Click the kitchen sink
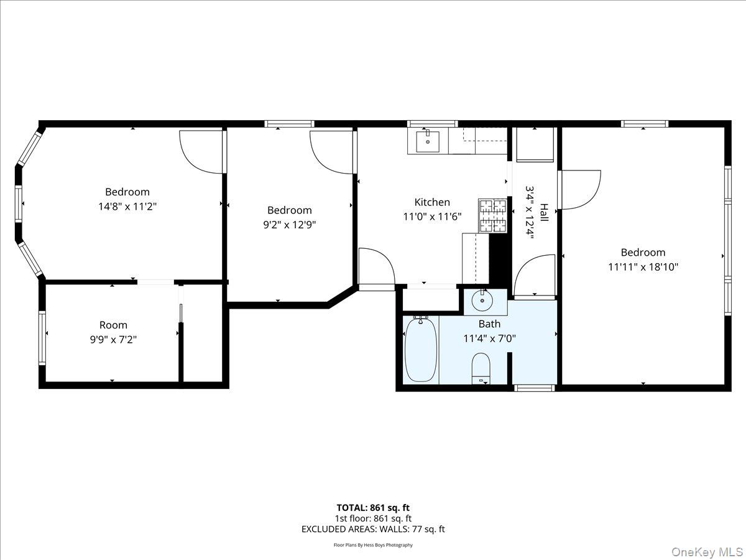point(427,141)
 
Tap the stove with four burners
point(492,215)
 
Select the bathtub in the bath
point(421,349)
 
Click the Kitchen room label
point(432,202)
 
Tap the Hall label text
point(544,213)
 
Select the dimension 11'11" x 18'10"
point(643,267)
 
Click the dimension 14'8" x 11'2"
point(127,207)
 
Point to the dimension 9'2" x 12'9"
point(289,225)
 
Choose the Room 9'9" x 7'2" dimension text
point(113,340)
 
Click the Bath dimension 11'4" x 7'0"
point(489,338)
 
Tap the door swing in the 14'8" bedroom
point(201,151)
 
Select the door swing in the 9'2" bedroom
point(332,152)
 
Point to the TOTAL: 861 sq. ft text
point(373,508)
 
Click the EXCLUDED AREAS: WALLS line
point(373,529)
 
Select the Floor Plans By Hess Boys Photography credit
point(373,545)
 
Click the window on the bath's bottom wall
point(535,388)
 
